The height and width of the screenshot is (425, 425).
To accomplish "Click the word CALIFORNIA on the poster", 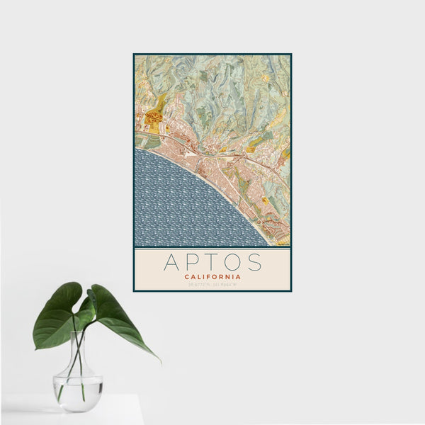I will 212,277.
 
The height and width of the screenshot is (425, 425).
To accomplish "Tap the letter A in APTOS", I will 171,262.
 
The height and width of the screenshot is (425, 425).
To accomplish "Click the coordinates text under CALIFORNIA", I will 212,285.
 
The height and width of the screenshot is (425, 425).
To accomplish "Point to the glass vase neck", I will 78,351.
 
